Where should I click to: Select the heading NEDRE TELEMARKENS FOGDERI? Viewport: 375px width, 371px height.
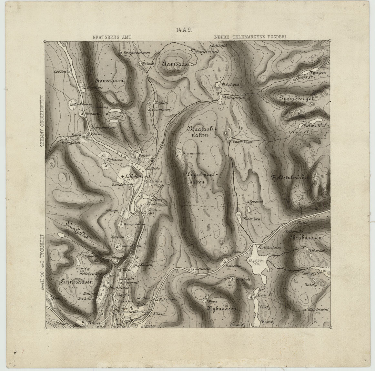(250, 37)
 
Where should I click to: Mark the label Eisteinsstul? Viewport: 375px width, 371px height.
(318, 309)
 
